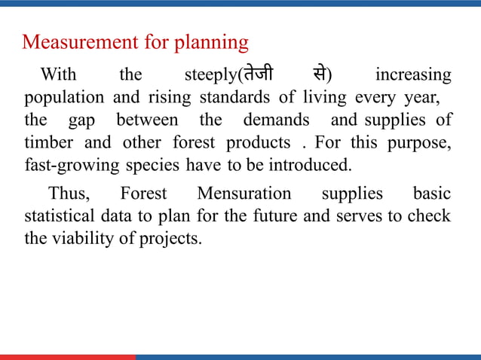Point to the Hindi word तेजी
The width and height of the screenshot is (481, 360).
click(x=256, y=75)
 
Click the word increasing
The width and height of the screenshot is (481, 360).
click(x=413, y=76)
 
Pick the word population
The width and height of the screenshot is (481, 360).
click(x=64, y=99)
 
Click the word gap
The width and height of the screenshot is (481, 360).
click(x=82, y=121)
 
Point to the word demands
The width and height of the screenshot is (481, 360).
click(x=276, y=120)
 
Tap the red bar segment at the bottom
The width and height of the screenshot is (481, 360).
click(x=68, y=357)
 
